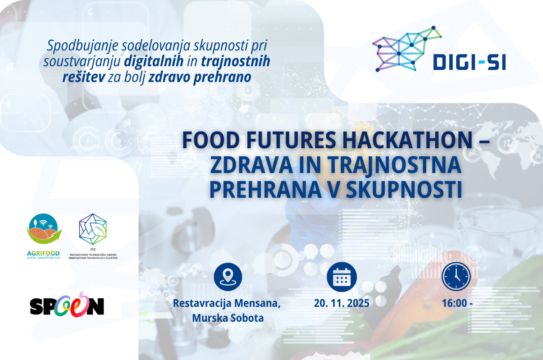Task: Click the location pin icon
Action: coord(228,277)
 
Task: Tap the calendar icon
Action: coord(342,277)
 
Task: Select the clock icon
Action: coord(456,276)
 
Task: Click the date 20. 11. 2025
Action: coord(342,303)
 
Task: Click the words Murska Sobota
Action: coord(228,318)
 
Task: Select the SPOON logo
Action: coord(67,305)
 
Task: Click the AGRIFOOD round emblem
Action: coord(44,228)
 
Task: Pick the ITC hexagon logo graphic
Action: coord(93,229)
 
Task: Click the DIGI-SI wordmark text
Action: coord(469,62)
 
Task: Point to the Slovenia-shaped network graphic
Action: coord(407,49)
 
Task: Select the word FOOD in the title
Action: coord(211,140)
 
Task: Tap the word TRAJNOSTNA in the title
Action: coord(395,165)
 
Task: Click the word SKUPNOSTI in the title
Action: coord(404,189)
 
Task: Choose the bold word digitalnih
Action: coord(154,61)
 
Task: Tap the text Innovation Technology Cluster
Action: coord(93,258)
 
